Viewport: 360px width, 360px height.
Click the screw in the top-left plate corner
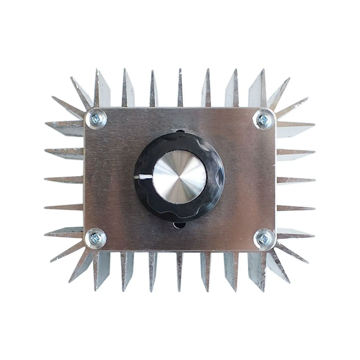pos(96,119)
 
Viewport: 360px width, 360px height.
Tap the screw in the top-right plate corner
pos(263,119)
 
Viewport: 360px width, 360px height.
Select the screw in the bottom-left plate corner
pos(95,238)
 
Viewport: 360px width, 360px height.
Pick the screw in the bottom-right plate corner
pos(263,239)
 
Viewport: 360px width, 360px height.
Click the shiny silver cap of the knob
pos(179,176)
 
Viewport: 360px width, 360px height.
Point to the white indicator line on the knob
pos(145,177)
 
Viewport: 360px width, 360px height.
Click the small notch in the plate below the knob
pos(179,226)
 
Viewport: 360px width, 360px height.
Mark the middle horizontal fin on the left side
pos(65,179)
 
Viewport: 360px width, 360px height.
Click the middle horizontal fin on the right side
pos(295,179)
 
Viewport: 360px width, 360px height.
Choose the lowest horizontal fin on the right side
pos(294,232)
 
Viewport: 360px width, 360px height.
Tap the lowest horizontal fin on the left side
pos(65,232)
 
